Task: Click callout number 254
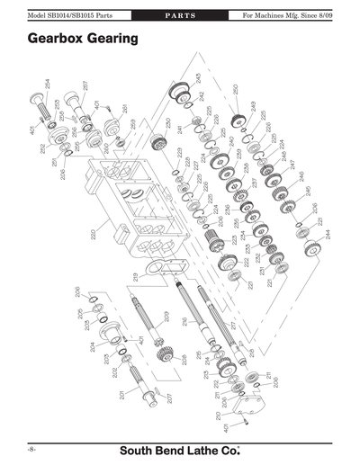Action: pos(46,86)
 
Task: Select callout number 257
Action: pos(85,88)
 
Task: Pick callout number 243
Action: pos(198,79)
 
